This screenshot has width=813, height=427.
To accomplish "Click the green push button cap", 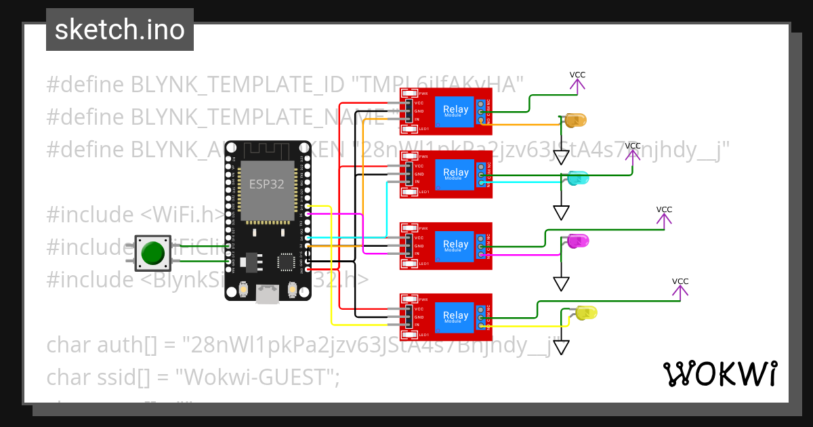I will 152,253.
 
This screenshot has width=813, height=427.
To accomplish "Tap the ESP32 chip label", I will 267,184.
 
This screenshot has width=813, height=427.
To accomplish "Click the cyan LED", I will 578,179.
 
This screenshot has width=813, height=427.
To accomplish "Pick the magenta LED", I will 578,241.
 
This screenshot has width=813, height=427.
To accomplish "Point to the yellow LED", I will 586,312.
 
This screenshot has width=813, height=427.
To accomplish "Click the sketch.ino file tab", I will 120,30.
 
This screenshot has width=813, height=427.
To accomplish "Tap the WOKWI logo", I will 720,373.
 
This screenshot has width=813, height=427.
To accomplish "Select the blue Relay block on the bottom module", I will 455,316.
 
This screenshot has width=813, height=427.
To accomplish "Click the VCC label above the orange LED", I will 577,75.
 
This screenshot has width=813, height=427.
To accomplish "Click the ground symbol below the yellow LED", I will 561,347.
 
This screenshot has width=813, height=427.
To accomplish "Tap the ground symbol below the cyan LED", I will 561,212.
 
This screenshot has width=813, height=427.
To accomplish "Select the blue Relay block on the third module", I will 455,245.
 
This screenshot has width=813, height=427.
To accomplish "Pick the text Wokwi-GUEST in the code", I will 255,378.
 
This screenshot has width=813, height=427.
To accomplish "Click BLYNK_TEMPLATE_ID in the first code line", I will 236,85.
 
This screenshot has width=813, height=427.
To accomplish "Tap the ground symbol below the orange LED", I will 561,157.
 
